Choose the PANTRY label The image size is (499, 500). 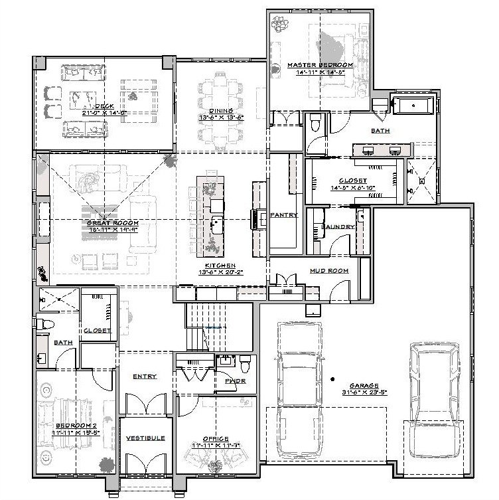pos(283,215)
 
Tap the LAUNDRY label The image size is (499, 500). pos(338,227)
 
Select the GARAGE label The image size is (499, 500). pos(364,385)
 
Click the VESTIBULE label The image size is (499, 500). pos(145,438)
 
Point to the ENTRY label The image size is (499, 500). pos(145,376)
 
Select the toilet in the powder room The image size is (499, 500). pos(245,365)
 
